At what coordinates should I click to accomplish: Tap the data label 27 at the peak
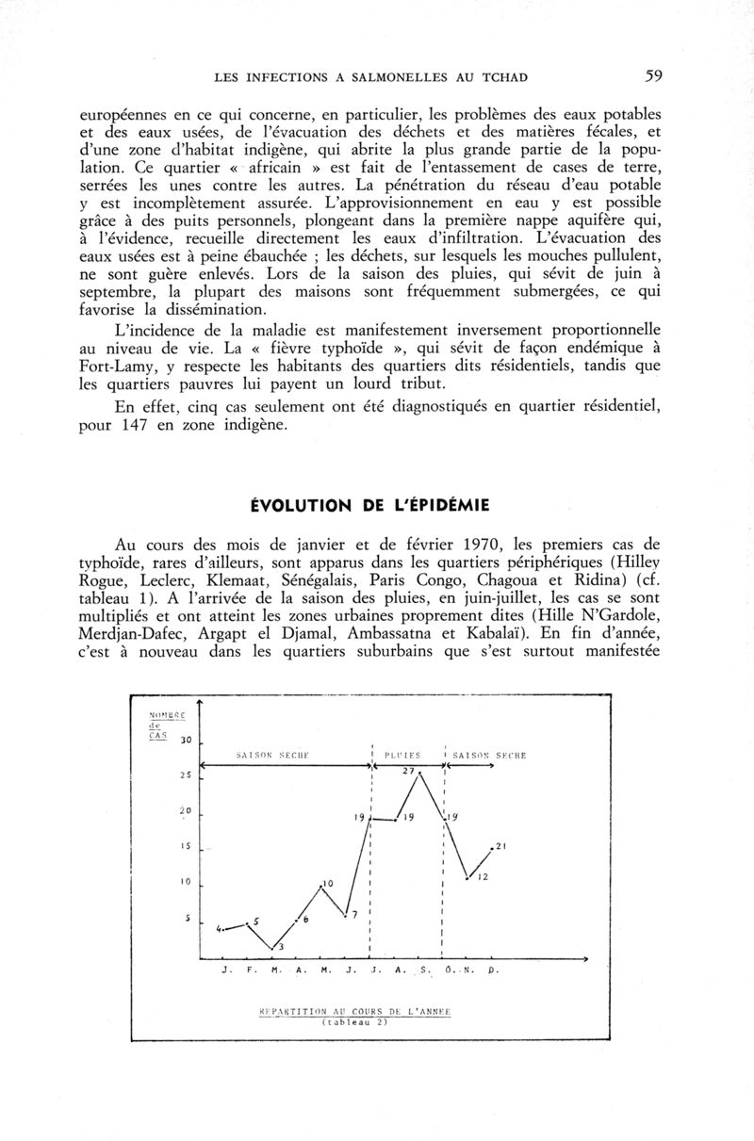(x=408, y=772)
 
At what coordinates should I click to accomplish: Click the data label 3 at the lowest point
(x=281, y=946)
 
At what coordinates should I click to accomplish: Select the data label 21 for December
(x=501, y=844)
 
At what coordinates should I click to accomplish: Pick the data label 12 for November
(x=481, y=878)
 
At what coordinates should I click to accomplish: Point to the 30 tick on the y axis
(x=186, y=741)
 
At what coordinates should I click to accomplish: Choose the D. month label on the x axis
(x=493, y=969)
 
